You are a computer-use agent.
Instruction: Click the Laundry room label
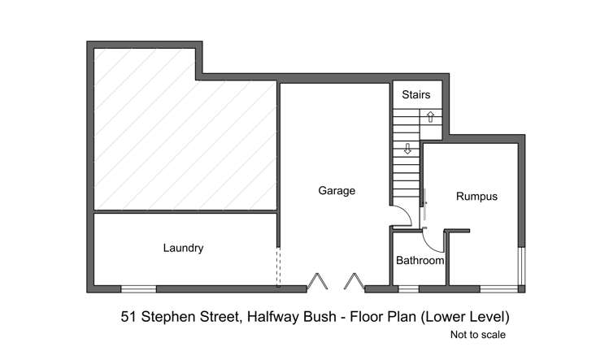tap(183, 248)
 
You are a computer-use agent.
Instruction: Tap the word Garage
tap(336, 191)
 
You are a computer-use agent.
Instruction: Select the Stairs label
tap(416, 95)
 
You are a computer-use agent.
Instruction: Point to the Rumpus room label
tap(476, 196)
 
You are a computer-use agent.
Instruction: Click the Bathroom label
tap(420, 261)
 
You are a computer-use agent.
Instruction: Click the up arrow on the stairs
tap(430, 118)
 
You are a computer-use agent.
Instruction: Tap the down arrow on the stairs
tap(407, 149)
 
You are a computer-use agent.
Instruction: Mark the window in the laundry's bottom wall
tap(138, 288)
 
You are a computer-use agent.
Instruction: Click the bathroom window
tap(408, 288)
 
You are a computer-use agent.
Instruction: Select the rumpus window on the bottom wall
tap(498, 288)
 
